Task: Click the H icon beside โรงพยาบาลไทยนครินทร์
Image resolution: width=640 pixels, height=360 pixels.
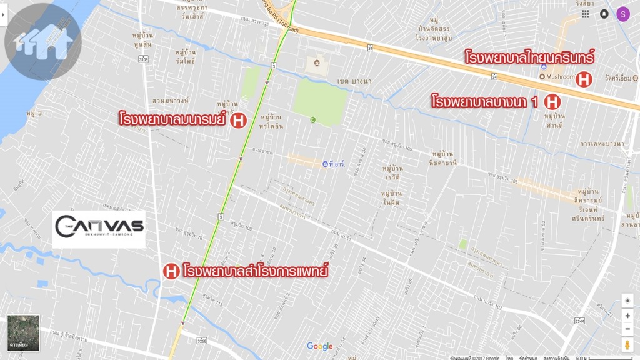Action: pyautogui.click(x=584, y=79)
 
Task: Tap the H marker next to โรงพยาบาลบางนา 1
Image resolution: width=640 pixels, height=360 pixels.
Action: pyautogui.click(x=552, y=101)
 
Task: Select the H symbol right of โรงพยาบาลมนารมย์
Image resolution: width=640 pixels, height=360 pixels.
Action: pyautogui.click(x=237, y=120)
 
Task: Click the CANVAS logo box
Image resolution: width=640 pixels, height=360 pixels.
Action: pyautogui.click(x=99, y=229)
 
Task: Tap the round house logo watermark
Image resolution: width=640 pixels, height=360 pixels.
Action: pyautogui.click(x=42, y=41)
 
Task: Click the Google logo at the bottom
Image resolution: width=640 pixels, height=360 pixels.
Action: pyautogui.click(x=320, y=346)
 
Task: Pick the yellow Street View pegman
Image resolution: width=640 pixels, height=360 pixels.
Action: pyautogui.click(x=627, y=344)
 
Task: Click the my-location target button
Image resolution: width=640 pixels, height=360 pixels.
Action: pyautogui.click(x=627, y=301)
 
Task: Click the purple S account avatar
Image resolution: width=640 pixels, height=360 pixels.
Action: pyautogui.click(x=622, y=14)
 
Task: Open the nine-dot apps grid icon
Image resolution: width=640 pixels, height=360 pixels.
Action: pyautogui.click(x=585, y=14)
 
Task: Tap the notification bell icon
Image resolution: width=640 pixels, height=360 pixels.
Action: pyautogui.click(x=604, y=14)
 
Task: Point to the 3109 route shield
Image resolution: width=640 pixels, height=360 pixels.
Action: pyautogui.click(x=144, y=59)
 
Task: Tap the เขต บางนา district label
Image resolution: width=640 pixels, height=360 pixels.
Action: pyautogui.click(x=354, y=81)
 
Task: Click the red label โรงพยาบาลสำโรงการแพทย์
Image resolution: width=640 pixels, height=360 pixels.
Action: pyautogui.click(x=256, y=272)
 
